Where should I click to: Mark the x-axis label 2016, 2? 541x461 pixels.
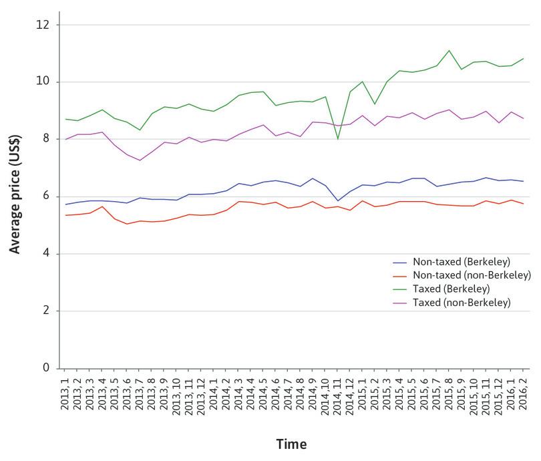point(522,395)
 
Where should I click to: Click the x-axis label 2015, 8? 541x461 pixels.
point(449,395)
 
